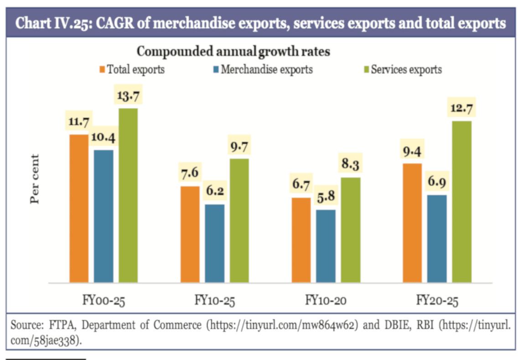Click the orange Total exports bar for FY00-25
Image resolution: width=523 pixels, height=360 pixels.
78,209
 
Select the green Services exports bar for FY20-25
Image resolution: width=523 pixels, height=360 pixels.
461,202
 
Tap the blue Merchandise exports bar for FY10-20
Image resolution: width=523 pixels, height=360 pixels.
326,246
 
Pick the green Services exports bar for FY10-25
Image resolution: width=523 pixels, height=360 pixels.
239,221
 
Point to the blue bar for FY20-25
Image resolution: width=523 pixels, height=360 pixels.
437,239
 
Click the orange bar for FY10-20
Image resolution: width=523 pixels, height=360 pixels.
301,240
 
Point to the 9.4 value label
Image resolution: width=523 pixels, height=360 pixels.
412,151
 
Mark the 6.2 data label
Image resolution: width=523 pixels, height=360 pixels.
215,192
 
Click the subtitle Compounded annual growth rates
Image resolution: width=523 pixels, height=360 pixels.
233,52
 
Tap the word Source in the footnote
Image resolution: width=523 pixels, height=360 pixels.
23,326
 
